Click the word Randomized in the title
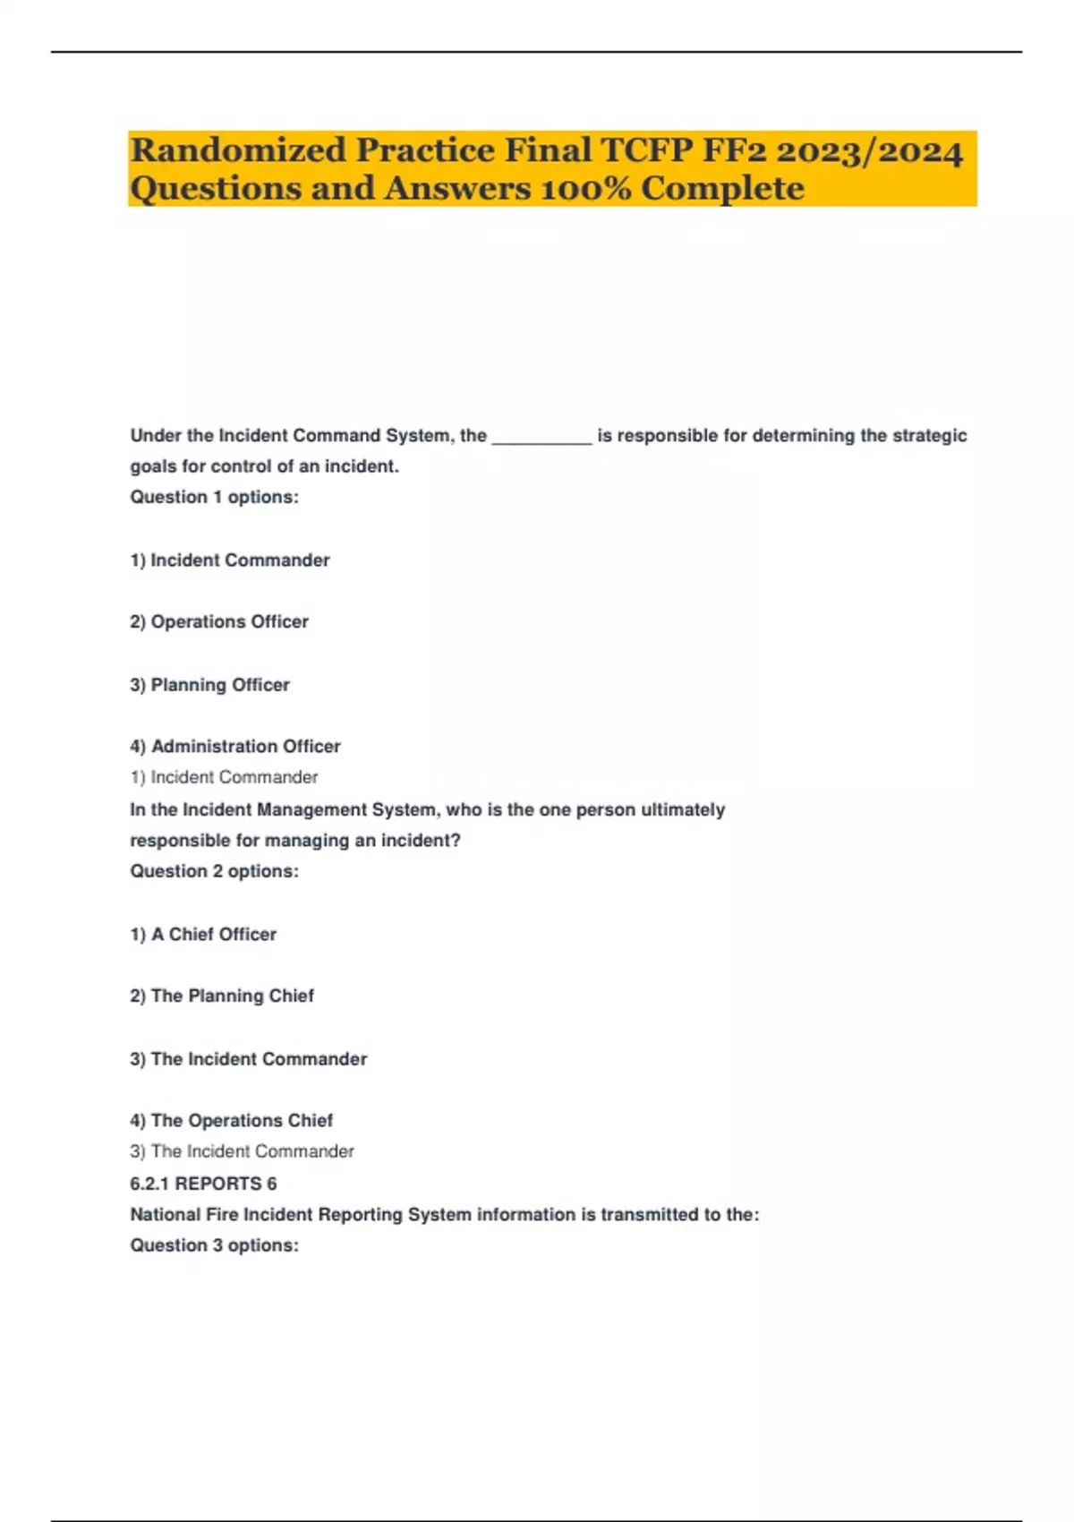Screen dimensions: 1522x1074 click(x=237, y=150)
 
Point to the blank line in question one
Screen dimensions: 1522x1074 click(x=541, y=437)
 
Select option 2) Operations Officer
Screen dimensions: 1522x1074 click(x=219, y=622)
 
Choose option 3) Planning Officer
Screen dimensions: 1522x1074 click(x=210, y=685)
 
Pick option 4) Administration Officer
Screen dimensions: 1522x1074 click(x=235, y=747)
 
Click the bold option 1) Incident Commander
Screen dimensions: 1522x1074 click(x=230, y=560)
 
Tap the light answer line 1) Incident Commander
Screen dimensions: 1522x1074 click(x=224, y=778)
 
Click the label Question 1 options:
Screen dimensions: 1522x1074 click(x=215, y=498)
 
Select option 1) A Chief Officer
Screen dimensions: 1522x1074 click(x=203, y=935)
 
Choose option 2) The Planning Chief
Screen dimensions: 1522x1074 click(x=222, y=996)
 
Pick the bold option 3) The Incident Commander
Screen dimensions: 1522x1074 click(x=249, y=1059)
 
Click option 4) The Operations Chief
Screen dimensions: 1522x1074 click(x=231, y=1121)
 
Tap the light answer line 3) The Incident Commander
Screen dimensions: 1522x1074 click(x=242, y=1152)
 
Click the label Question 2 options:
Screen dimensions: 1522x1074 click(x=215, y=872)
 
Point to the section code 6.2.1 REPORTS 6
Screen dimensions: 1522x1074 click(x=203, y=1184)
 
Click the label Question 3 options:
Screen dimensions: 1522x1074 click(x=215, y=1246)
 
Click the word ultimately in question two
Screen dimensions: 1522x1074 click(x=683, y=810)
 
